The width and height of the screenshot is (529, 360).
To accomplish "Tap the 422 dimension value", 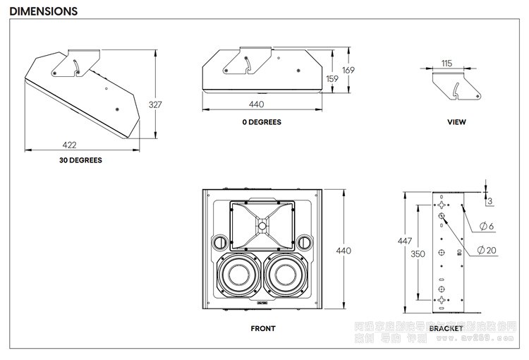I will point(69,145).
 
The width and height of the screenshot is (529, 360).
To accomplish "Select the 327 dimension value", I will point(155,105).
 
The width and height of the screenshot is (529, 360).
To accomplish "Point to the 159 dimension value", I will point(332,79).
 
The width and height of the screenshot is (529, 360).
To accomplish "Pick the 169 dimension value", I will point(348,70).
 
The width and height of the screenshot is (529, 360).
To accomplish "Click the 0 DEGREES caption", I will point(261,122).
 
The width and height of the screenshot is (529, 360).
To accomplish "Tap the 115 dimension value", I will point(446,64).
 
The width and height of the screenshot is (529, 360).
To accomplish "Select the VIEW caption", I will point(456,122).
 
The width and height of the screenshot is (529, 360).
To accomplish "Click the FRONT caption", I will point(262,328).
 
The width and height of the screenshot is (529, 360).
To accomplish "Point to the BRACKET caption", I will point(446,328).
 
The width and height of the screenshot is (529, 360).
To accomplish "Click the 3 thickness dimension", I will point(490,201).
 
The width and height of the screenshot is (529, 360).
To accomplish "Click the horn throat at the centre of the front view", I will point(262,226).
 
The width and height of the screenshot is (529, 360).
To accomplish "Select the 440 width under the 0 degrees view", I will point(257,104).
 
